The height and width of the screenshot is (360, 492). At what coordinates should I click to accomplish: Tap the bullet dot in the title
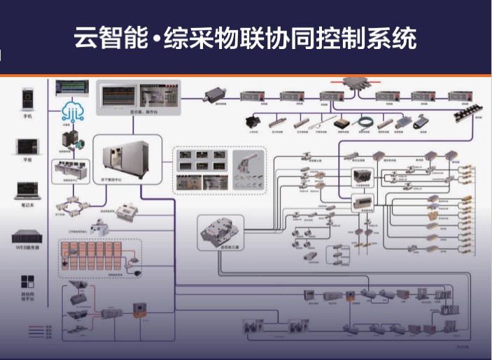click(x=154, y=39)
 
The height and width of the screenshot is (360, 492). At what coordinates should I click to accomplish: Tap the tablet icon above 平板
click(x=27, y=145)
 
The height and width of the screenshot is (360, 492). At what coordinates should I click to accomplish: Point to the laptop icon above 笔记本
click(x=27, y=191)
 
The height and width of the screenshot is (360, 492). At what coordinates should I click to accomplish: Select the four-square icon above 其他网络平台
click(x=27, y=281)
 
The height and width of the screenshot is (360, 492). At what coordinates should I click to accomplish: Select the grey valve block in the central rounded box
click(x=220, y=228)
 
